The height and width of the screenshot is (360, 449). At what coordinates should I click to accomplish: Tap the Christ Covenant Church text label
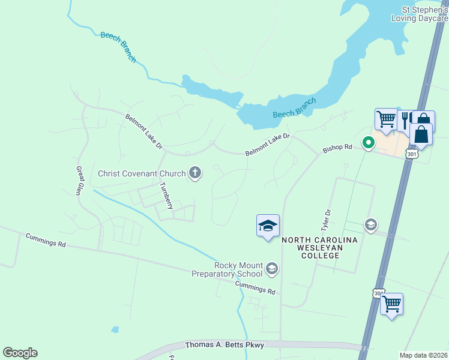(142, 174)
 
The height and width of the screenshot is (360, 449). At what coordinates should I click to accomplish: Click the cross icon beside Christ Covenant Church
(194, 174)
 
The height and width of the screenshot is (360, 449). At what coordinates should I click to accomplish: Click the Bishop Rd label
(337, 148)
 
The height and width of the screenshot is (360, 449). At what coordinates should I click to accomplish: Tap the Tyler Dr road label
(326, 220)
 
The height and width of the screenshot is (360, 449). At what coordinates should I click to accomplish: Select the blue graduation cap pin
(268, 226)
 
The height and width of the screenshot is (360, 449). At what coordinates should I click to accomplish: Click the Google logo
(20, 353)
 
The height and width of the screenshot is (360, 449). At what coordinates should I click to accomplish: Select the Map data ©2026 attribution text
(424, 355)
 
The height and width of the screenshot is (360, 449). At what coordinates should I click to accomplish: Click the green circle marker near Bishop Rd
(368, 143)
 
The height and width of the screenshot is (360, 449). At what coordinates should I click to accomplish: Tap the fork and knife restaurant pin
(405, 120)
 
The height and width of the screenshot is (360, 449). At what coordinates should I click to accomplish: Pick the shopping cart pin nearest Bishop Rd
(386, 118)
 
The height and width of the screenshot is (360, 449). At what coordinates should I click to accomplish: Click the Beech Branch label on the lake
(294, 108)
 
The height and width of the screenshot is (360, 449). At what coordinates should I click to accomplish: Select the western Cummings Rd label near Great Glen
(46, 240)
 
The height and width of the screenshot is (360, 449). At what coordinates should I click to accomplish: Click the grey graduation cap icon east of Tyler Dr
(370, 224)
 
